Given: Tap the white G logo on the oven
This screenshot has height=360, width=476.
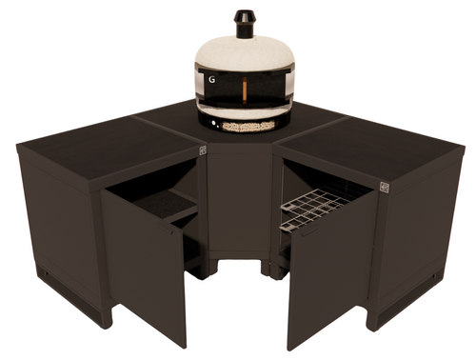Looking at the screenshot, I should click(x=211, y=81).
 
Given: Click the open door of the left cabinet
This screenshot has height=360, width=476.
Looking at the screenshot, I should click(x=146, y=257).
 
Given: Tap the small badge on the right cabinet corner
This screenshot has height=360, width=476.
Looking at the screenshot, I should click(x=384, y=187).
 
